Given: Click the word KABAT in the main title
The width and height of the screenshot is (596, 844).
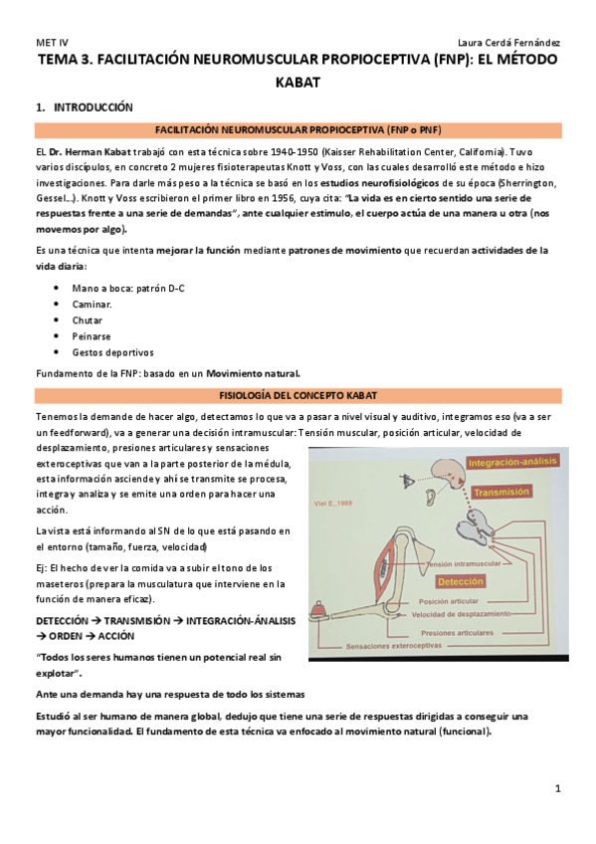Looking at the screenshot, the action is (298, 82).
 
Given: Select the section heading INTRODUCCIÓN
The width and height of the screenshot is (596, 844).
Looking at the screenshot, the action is (93, 106).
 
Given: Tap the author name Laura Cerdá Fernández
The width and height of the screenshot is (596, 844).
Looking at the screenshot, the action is (507, 43).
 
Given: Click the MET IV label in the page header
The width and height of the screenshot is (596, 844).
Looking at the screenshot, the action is (50, 43).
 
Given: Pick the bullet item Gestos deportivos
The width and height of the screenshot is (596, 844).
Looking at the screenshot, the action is (112, 351).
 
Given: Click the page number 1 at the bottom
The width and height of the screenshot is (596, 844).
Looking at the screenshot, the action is (558, 788).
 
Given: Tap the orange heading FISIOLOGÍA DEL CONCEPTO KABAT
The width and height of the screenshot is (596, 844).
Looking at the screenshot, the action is (298, 396).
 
